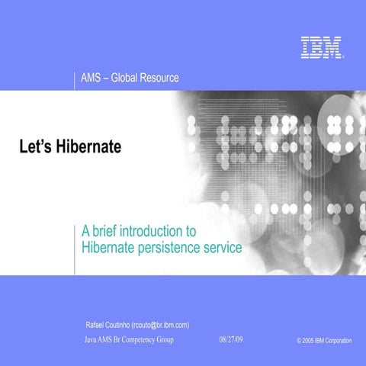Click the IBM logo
click(320, 48)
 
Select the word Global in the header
click(126, 78)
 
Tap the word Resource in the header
click(161, 78)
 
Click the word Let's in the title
click(34, 146)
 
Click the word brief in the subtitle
click(107, 231)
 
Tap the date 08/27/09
click(231, 338)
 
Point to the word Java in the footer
click(91, 338)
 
